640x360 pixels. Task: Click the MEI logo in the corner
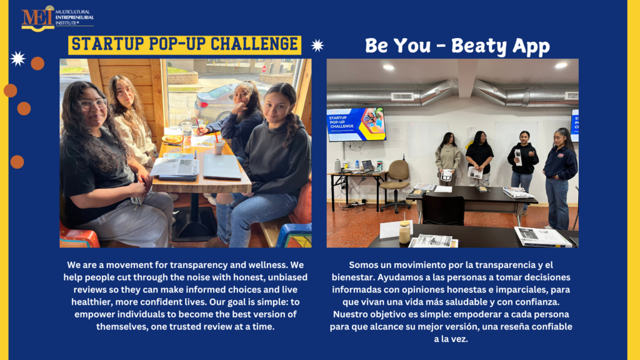tap(57, 18)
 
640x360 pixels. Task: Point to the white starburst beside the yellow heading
tap(317, 45)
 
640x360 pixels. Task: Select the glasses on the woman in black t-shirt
tap(92, 104)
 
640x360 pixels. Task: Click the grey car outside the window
tap(216, 102)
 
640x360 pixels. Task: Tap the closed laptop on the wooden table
tap(222, 166)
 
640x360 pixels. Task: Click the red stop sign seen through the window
tap(264, 69)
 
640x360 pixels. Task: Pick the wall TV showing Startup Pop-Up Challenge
tap(356, 124)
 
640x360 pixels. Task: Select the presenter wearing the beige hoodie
tap(447, 159)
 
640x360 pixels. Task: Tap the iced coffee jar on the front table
tap(404, 232)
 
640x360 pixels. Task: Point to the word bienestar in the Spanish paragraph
tap(352, 277)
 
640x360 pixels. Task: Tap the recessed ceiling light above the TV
tap(388, 67)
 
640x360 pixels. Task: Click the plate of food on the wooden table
tap(172, 139)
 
